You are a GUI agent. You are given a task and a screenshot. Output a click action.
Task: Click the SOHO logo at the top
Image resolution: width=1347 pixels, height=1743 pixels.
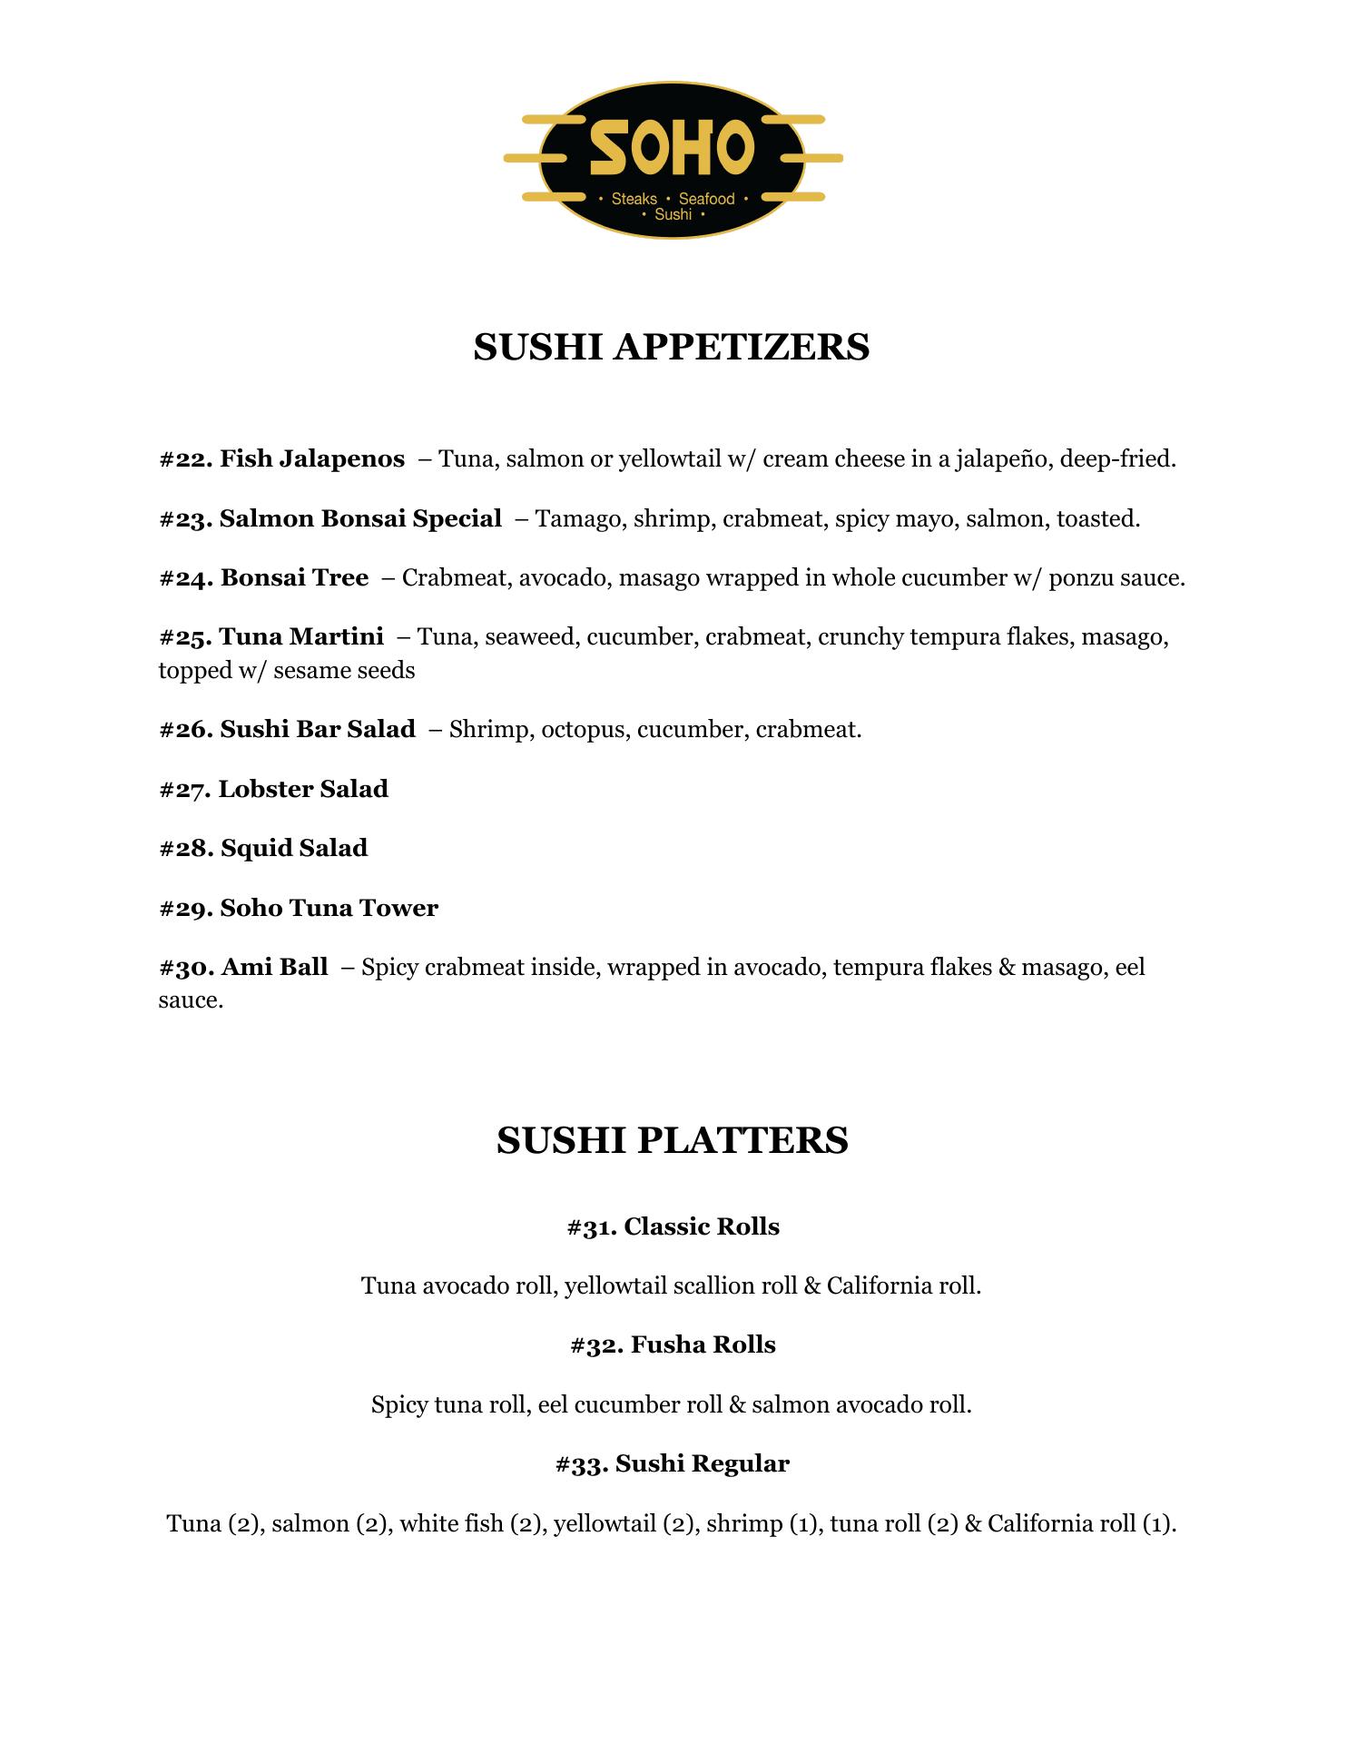[x=673, y=160]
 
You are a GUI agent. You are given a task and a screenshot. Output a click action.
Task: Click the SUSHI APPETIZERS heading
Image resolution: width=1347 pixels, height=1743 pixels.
[x=672, y=347]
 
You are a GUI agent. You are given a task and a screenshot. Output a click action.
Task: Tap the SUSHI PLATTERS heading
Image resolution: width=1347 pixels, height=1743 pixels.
[x=672, y=1140]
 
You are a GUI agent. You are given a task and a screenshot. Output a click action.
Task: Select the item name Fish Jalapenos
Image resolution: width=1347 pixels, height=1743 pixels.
[x=312, y=459]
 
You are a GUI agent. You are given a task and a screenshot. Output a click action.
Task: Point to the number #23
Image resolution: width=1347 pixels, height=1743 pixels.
[x=185, y=519]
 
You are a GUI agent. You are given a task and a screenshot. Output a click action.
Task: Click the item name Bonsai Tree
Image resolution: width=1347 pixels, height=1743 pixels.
[x=294, y=578]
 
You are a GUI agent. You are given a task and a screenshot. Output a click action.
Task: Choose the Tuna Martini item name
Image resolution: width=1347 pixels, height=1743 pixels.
[x=301, y=637]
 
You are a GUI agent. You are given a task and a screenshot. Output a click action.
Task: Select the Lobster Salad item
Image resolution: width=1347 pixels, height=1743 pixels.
[x=303, y=789]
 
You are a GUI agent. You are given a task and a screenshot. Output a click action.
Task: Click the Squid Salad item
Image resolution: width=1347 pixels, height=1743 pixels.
[x=294, y=849]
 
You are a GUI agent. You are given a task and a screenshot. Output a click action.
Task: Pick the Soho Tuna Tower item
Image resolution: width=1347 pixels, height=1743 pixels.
[x=329, y=909]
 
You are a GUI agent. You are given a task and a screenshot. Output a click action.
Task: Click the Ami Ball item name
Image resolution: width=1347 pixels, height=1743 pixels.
[x=274, y=968]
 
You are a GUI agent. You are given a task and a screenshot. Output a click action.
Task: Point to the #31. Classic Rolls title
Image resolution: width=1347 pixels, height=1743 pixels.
[x=673, y=1227]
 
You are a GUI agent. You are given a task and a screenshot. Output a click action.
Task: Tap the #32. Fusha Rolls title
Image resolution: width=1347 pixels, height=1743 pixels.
[x=673, y=1345]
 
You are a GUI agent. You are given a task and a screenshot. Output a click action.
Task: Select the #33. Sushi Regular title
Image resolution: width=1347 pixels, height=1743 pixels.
[x=673, y=1464]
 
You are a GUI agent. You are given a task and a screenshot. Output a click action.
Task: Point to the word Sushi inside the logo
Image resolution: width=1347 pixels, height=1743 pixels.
[x=673, y=215]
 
